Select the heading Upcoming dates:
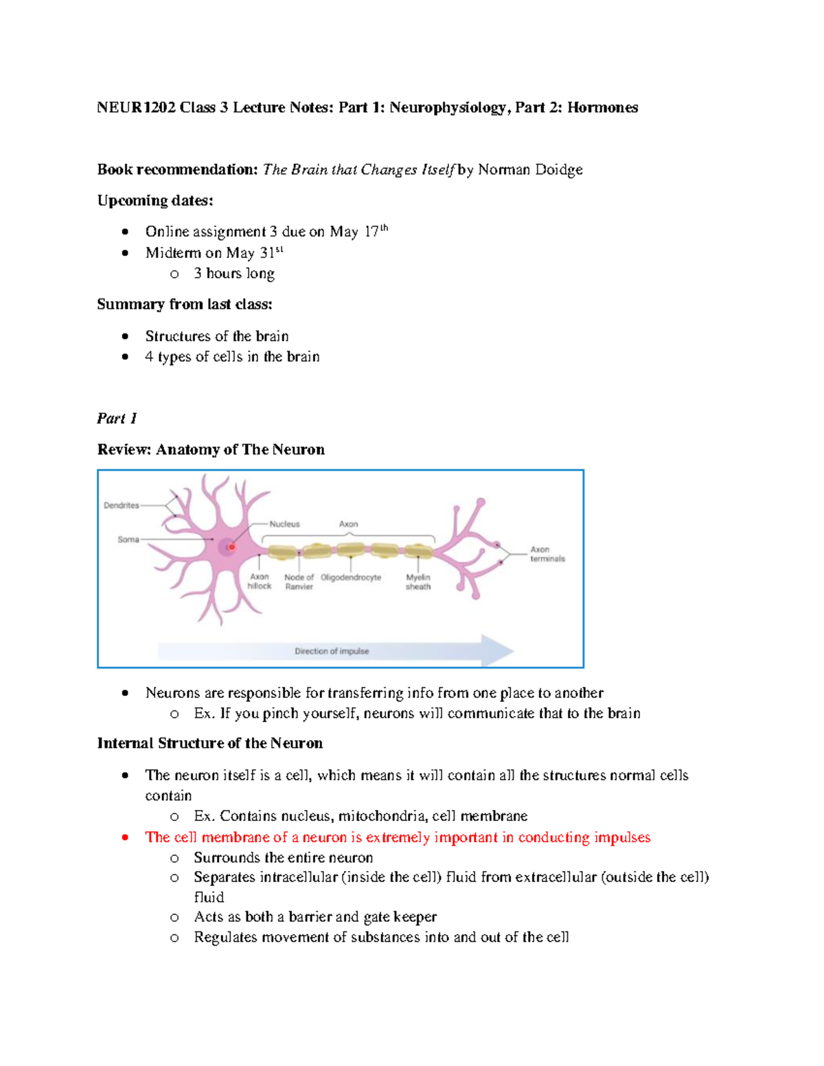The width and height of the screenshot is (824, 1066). click(x=155, y=200)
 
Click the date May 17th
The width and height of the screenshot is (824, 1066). click(x=358, y=231)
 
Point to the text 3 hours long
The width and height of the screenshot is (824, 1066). click(x=234, y=273)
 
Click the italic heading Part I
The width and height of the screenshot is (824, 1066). click(x=117, y=418)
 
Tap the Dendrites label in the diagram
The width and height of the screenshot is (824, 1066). click(x=121, y=505)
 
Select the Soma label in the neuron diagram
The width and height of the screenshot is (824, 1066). click(x=128, y=540)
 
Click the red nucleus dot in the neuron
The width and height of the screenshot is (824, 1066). click(x=232, y=547)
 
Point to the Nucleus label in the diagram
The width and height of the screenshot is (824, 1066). click(x=284, y=524)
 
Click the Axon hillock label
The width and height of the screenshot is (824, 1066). click(x=260, y=581)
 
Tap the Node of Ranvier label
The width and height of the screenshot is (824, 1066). click(x=299, y=582)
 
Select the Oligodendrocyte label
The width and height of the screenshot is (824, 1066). click(x=351, y=577)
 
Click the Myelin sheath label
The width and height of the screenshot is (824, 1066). click(x=417, y=582)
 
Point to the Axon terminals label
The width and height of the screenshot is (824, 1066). click(x=547, y=554)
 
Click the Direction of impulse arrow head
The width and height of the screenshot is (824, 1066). click(x=498, y=651)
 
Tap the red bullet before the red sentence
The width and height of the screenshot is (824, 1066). click(x=125, y=837)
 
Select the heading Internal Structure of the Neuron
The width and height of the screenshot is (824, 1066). click(x=209, y=743)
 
